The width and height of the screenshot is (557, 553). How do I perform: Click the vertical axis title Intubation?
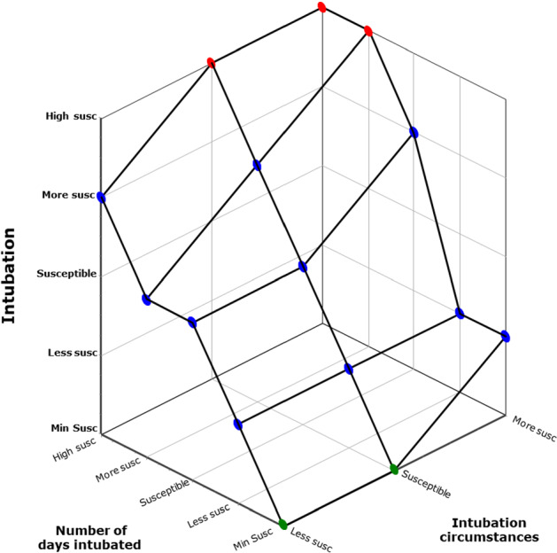(11, 276)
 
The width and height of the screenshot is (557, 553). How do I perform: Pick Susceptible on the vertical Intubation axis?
(66, 274)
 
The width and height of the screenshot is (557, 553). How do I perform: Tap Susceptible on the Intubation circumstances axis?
(426, 485)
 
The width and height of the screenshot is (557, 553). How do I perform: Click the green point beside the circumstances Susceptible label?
(394, 468)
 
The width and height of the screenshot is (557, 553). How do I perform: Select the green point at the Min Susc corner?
(283, 525)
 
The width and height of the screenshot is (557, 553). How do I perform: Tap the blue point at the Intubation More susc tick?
(102, 197)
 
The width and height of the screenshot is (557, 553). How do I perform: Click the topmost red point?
(322, 7)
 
